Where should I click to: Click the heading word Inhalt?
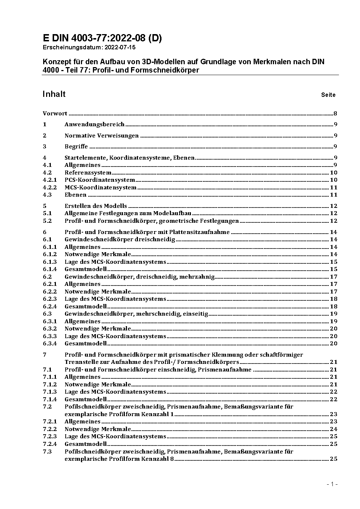pos(54,94)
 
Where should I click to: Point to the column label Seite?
pos(328,95)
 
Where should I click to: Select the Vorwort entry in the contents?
pos(55,114)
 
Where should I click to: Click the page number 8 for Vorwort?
pos(336,114)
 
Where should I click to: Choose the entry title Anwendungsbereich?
pos(94,124)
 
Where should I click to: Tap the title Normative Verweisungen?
pos(102,136)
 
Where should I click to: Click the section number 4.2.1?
pos(50,180)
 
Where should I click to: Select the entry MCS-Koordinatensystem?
pos(101,188)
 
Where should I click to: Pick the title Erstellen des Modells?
pos(96,206)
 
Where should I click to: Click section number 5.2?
pos(47,221)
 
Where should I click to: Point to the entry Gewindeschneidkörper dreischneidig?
pos(120,239)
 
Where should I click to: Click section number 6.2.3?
pos(50,299)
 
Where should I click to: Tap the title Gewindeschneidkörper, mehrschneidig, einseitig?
pos(136,314)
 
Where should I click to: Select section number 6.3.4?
pos(50,344)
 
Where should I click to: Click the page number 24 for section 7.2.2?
pos(334,429)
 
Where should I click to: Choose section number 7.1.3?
pos(50,392)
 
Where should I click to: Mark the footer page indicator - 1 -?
pos(332,484)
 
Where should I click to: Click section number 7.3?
pos(47,452)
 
